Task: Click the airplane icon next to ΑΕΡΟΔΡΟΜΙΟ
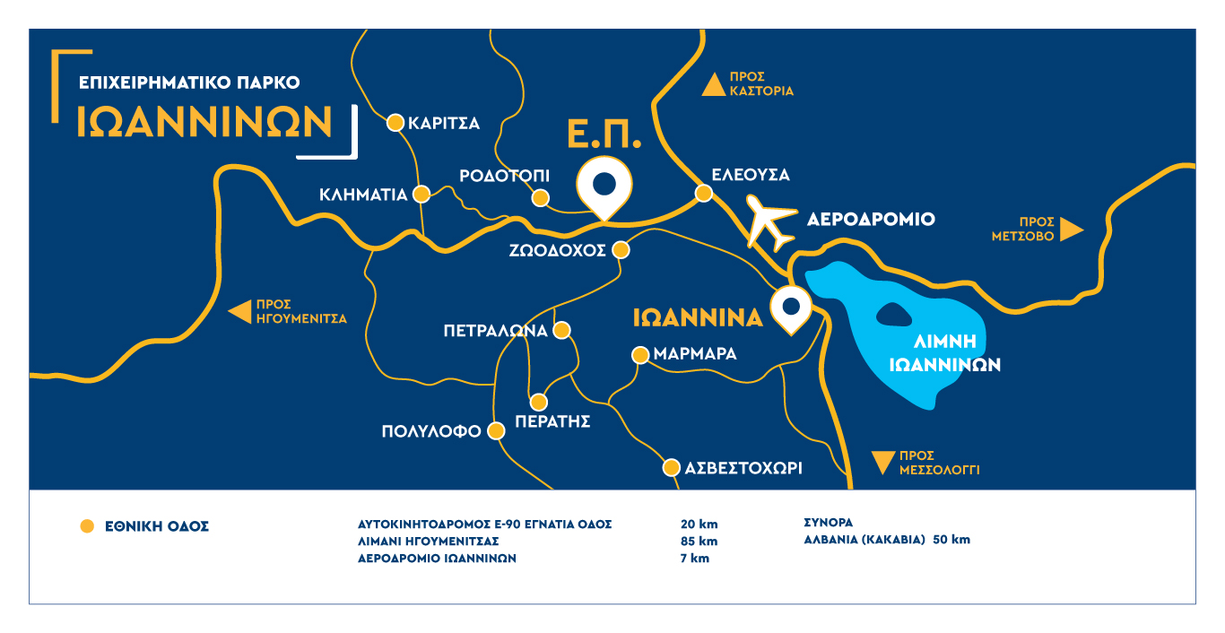click(x=770, y=223)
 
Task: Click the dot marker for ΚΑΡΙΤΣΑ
click(x=395, y=123)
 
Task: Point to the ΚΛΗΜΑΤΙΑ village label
click(x=363, y=195)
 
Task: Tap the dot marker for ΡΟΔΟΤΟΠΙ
click(x=540, y=198)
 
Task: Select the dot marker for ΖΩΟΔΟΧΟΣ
click(x=621, y=250)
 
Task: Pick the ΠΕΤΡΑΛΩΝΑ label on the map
click(x=495, y=331)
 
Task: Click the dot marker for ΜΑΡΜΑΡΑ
click(x=640, y=354)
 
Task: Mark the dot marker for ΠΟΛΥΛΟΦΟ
click(x=495, y=431)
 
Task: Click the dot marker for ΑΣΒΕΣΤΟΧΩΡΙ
click(x=671, y=467)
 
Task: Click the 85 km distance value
click(x=699, y=542)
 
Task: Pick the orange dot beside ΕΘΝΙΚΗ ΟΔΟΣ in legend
click(x=87, y=526)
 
